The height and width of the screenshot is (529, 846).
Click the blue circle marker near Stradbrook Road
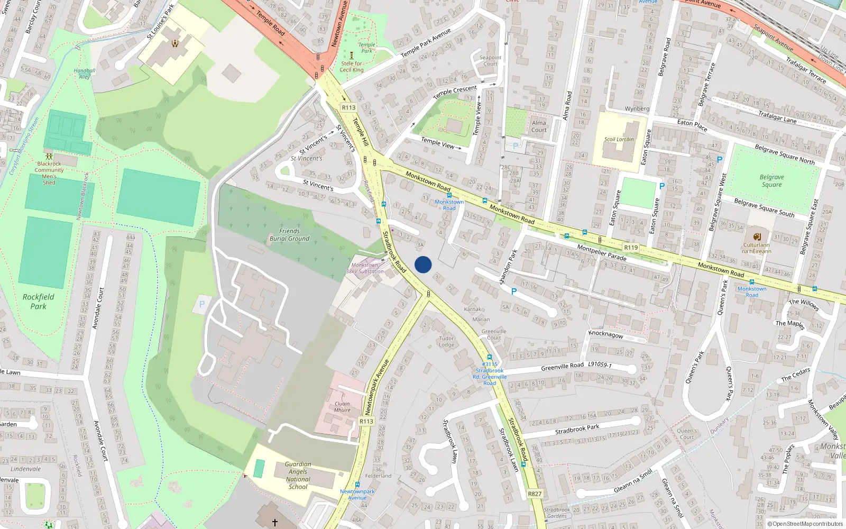pos(423,264)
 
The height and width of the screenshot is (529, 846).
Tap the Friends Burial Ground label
pos(289,235)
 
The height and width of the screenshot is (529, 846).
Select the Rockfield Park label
pos(38,302)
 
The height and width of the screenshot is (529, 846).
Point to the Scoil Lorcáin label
pos(619,140)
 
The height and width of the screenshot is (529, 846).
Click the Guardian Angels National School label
pos(298,476)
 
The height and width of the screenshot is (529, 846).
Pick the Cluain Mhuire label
pos(342,407)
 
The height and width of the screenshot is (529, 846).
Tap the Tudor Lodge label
pos(446,342)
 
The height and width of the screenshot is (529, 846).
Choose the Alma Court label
pos(539,126)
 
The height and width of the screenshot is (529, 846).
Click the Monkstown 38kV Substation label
pos(365,268)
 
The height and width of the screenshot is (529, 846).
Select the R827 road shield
pos(535,494)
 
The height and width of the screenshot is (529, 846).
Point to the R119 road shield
pos(631,248)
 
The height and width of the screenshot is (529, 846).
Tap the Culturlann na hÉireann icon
pos(757,236)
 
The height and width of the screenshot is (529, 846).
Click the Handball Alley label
pos(85,74)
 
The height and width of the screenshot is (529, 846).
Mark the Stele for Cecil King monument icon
pos(351,55)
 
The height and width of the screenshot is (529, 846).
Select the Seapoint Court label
pos(490,61)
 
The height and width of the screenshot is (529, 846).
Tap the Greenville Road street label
pos(562,366)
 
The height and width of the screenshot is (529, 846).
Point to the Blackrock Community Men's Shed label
pos(49,173)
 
